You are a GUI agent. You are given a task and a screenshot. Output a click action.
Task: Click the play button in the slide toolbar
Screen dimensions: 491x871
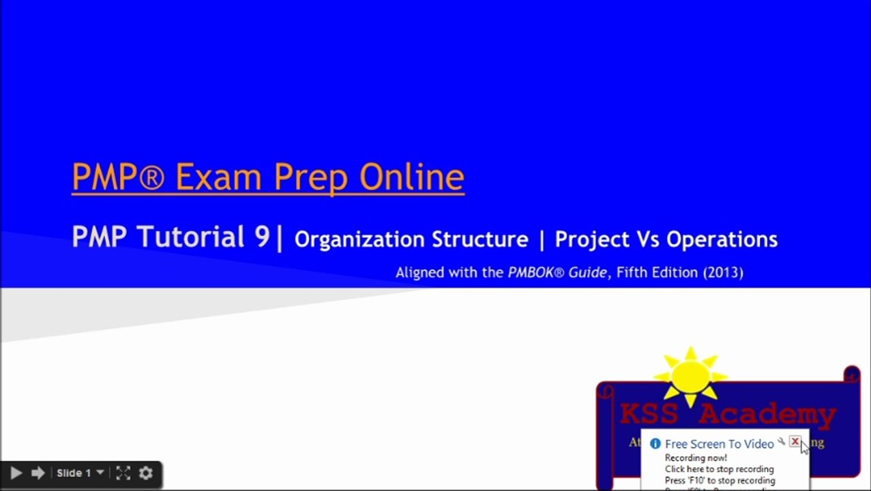click(16, 473)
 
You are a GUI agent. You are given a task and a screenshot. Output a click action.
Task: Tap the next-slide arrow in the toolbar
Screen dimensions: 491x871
click(38, 473)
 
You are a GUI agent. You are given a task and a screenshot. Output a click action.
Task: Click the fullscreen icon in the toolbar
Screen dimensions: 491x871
click(123, 473)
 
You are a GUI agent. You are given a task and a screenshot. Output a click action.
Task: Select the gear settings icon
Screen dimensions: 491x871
click(146, 473)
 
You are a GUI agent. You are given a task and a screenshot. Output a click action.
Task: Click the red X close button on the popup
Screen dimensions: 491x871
click(795, 442)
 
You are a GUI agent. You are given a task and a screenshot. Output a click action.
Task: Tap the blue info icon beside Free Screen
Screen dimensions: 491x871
click(655, 444)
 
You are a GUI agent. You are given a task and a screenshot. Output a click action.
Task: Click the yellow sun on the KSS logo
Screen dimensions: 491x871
click(690, 375)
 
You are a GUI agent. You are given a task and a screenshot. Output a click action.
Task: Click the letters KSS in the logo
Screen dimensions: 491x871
click(649, 414)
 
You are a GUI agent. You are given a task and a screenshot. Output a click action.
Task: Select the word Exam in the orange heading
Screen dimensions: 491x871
click(218, 177)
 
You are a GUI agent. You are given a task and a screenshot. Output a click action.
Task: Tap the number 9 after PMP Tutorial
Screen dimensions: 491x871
click(262, 237)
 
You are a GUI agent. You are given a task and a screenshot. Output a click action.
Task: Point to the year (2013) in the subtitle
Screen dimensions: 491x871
click(723, 272)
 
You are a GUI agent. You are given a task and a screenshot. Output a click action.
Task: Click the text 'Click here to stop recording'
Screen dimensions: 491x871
click(719, 469)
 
